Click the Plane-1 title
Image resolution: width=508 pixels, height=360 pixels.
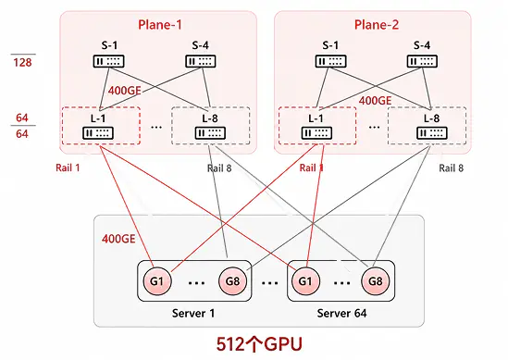click(160, 25)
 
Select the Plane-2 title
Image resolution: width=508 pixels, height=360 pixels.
click(377, 25)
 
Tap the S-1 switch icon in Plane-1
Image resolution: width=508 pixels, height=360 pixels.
click(108, 61)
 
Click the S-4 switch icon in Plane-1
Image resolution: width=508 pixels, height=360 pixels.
click(201, 61)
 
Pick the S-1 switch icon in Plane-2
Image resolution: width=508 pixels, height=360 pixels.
click(330, 61)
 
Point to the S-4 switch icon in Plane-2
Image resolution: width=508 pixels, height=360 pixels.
click(422, 61)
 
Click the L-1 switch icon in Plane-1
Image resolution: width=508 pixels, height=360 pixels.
click(98, 133)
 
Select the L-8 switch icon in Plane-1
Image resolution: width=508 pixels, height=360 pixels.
click(210, 133)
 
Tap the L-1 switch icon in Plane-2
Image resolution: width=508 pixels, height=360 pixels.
click(316, 133)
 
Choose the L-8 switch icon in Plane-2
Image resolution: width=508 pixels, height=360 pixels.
click(432, 133)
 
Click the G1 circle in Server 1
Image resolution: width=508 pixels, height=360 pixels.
click(157, 281)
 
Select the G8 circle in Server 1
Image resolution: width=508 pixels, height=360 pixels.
click(232, 281)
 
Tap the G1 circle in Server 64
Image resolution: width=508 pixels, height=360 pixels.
click(305, 281)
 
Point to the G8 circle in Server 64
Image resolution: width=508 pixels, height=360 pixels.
click(376, 281)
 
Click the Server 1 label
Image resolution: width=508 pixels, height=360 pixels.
click(193, 314)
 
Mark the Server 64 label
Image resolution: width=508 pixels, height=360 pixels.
click(341, 314)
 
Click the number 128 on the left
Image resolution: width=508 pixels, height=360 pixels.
click(22, 62)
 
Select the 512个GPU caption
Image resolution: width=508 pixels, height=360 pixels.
click(259, 344)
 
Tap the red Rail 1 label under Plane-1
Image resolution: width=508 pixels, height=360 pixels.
click(68, 168)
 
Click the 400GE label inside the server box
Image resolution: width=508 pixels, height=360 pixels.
click(118, 239)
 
